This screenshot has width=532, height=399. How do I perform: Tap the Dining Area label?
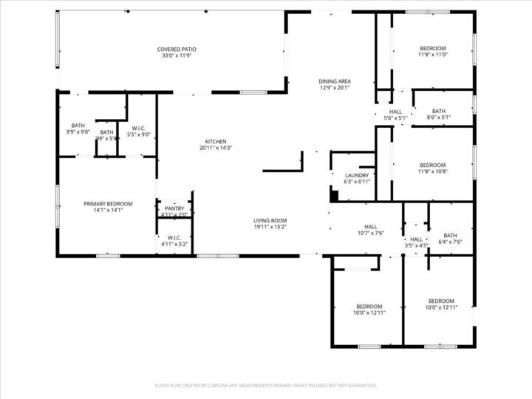click(x=334, y=81)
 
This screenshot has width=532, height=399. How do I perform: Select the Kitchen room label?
click(x=216, y=142)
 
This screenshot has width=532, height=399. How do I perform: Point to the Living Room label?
click(x=270, y=220)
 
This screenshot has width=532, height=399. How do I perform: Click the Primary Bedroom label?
click(x=108, y=204)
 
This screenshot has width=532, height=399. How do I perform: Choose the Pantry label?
click(x=174, y=209)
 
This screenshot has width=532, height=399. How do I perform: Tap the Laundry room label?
click(x=357, y=175)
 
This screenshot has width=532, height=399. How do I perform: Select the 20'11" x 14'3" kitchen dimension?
click(x=216, y=149)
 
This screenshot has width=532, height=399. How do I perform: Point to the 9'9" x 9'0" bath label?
click(x=78, y=132)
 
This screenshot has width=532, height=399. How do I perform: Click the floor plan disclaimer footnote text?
click(x=266, y=386)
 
